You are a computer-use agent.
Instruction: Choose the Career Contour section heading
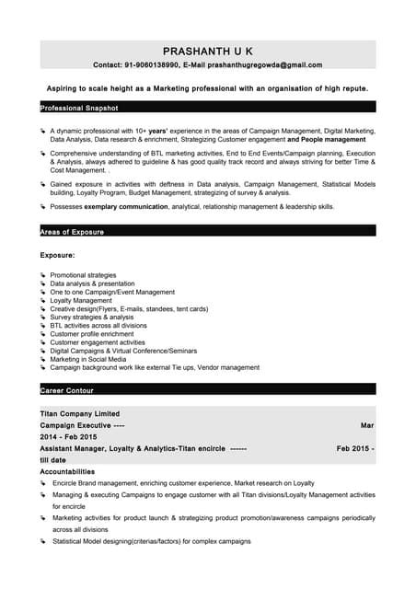point(67,391)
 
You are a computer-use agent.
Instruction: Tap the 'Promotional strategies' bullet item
point(83,275)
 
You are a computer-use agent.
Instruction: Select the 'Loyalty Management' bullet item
point(81,300)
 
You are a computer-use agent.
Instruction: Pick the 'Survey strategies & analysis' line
point(92,317)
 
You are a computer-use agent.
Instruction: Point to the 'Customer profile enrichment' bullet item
point(93,334)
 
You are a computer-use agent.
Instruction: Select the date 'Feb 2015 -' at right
point(355,447)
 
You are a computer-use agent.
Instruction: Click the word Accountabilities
point(67,471)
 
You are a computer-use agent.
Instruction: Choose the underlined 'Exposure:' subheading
point(57,254)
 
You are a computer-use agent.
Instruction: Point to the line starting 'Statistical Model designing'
point(151,541)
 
